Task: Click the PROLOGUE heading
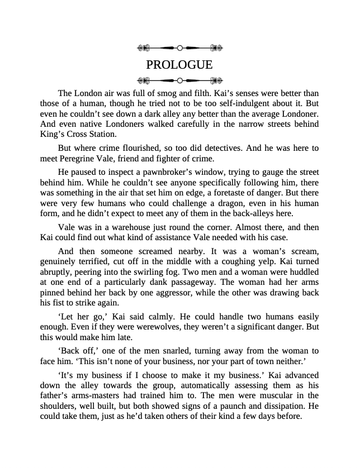point(179,65)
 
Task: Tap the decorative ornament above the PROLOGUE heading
point(179,48)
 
